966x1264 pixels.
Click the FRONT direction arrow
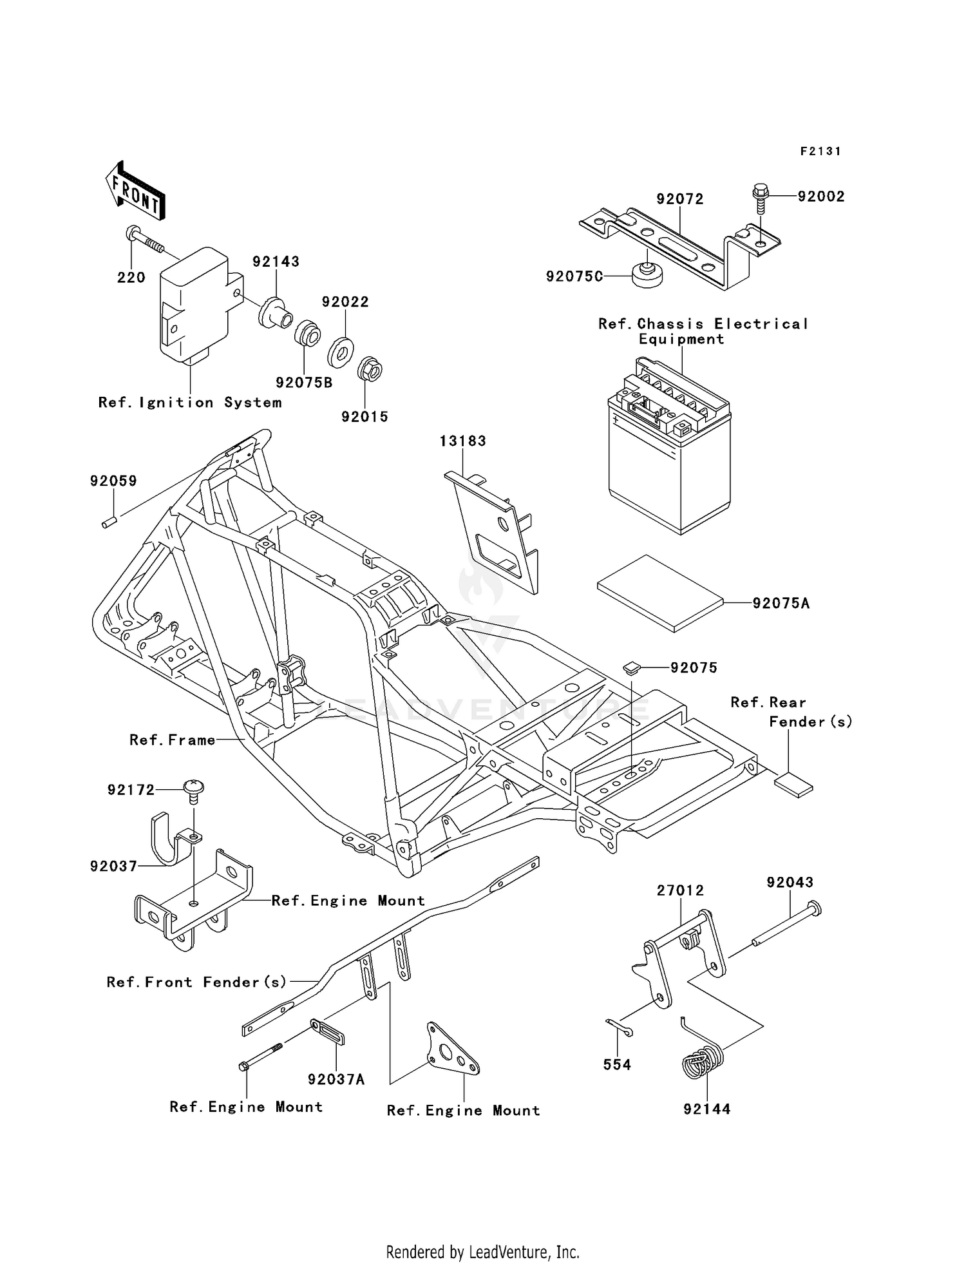tap(135, 191)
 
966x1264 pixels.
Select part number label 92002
tap(820, 196)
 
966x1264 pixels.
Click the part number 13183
tap(462, 441)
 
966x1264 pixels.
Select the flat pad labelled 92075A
tap(661, 592)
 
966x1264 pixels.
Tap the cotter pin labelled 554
tap(620, 1028)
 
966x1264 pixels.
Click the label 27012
tap(680, 890)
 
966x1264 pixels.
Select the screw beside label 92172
tap(193, 789)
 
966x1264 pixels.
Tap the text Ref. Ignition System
tap(190, 403)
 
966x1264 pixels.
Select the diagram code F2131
tap(820, 151)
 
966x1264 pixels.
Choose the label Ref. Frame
tap(172, 740)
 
